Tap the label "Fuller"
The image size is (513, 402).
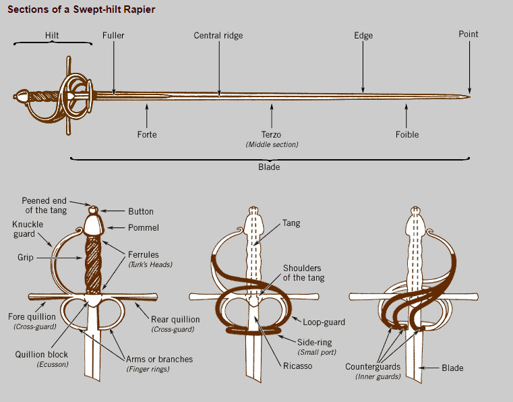pos(113,35)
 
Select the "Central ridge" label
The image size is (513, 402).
pos(218,35)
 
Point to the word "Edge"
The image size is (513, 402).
pos(363,35)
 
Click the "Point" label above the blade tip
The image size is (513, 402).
pos(469,34)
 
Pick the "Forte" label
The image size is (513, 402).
pos(147,134)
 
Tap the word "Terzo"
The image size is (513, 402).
pos(272,134)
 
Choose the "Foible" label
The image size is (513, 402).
pos(407,134)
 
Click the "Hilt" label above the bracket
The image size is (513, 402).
pos(53,35)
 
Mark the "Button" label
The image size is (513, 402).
pos(141,211)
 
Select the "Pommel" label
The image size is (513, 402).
pos(144,228)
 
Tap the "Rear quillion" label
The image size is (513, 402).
pos(173,319)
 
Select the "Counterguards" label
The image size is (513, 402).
pos(373,366)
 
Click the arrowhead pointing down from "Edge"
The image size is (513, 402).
pos(363,90)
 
